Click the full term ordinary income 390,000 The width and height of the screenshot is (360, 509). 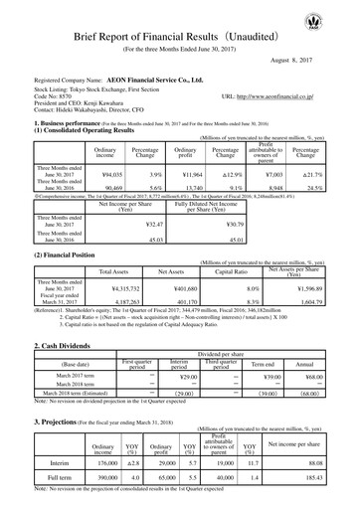coord(103,478)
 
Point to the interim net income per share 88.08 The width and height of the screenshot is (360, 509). coord(316,460)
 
